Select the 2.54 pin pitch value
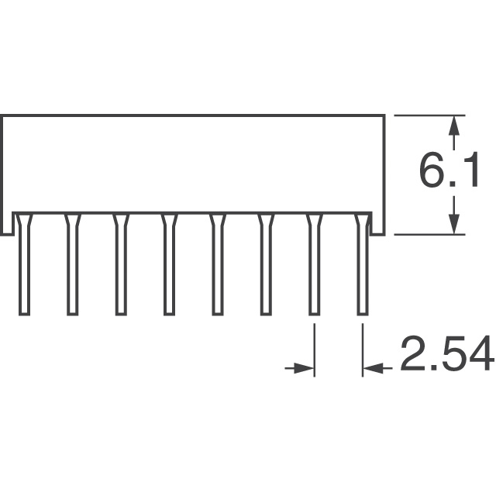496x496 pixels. [x=446, y=357]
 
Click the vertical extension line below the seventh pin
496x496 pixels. [x=314, y=349]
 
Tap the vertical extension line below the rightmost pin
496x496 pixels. [x=363, y=349]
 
